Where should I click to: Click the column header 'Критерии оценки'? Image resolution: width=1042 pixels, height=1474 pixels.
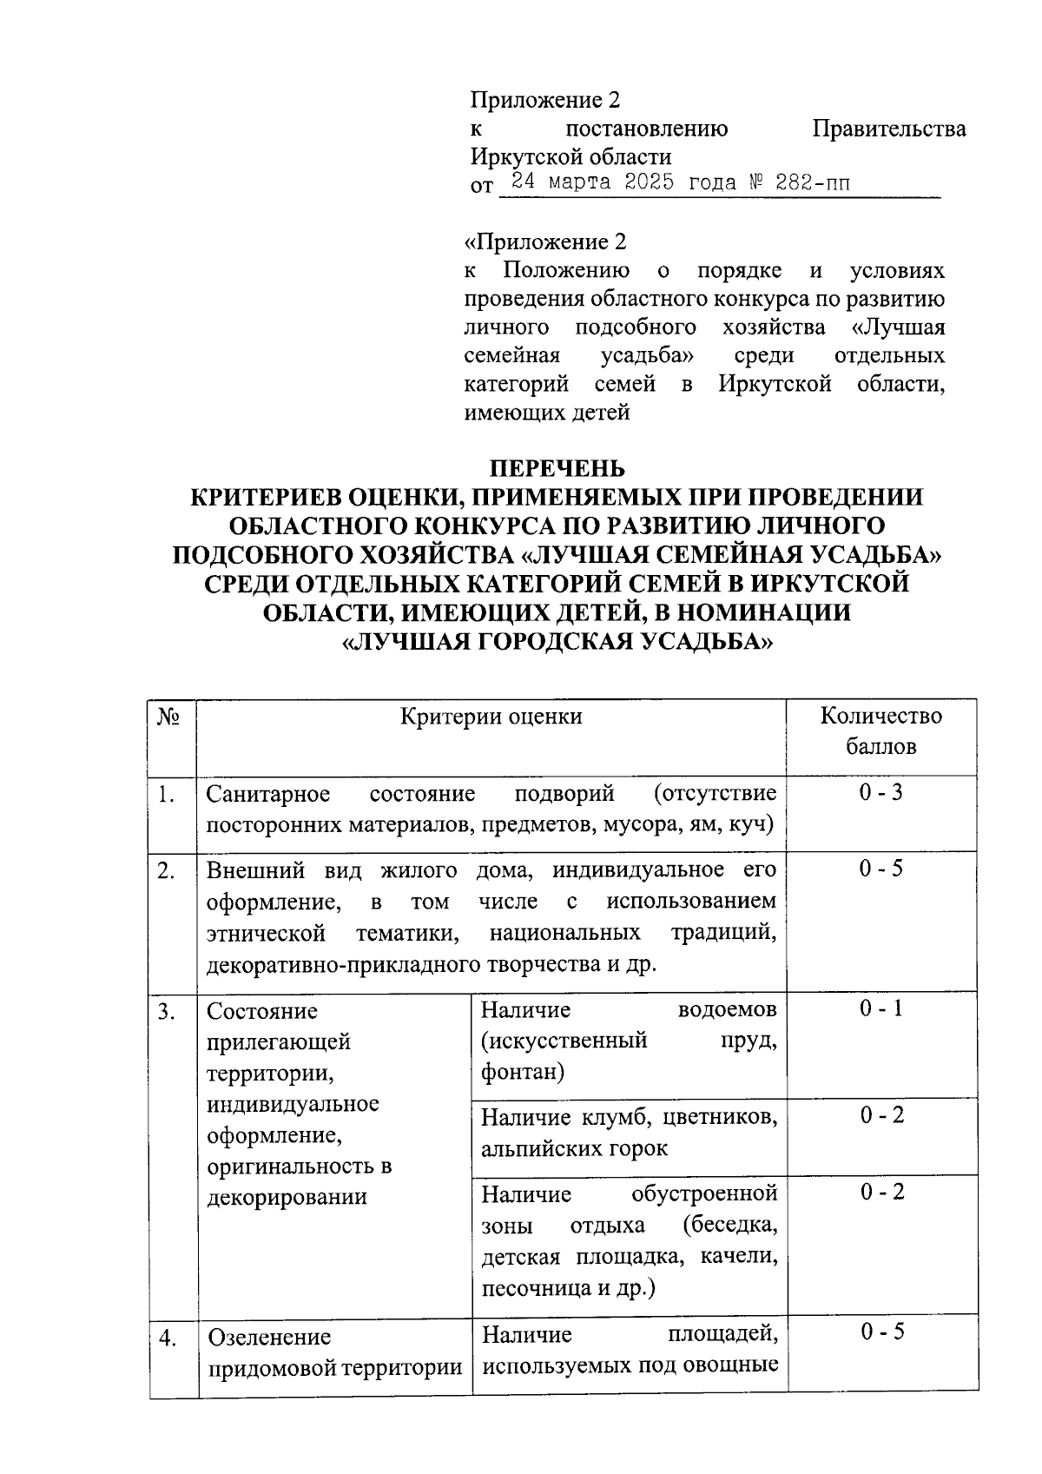pos(491,717)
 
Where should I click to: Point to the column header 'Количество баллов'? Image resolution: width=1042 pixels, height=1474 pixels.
pos(880,731)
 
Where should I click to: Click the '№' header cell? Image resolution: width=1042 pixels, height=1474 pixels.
pos(169,717)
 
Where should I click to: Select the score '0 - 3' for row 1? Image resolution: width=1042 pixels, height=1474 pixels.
pos(881,793)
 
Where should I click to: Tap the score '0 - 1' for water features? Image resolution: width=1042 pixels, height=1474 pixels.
pos(881,1008)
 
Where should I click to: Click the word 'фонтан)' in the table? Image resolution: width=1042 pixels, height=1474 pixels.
pos(523,1073)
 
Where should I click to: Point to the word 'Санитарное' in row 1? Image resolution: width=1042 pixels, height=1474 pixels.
pos(268,795)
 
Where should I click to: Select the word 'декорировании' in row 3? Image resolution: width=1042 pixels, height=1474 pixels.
pos(287,1198)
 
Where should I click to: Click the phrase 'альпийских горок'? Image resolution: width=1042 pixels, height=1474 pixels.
pos(575,1149)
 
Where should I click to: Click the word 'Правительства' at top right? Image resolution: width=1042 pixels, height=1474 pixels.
pos(888,129)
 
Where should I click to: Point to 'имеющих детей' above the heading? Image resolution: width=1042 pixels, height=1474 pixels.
pos(547,413)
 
